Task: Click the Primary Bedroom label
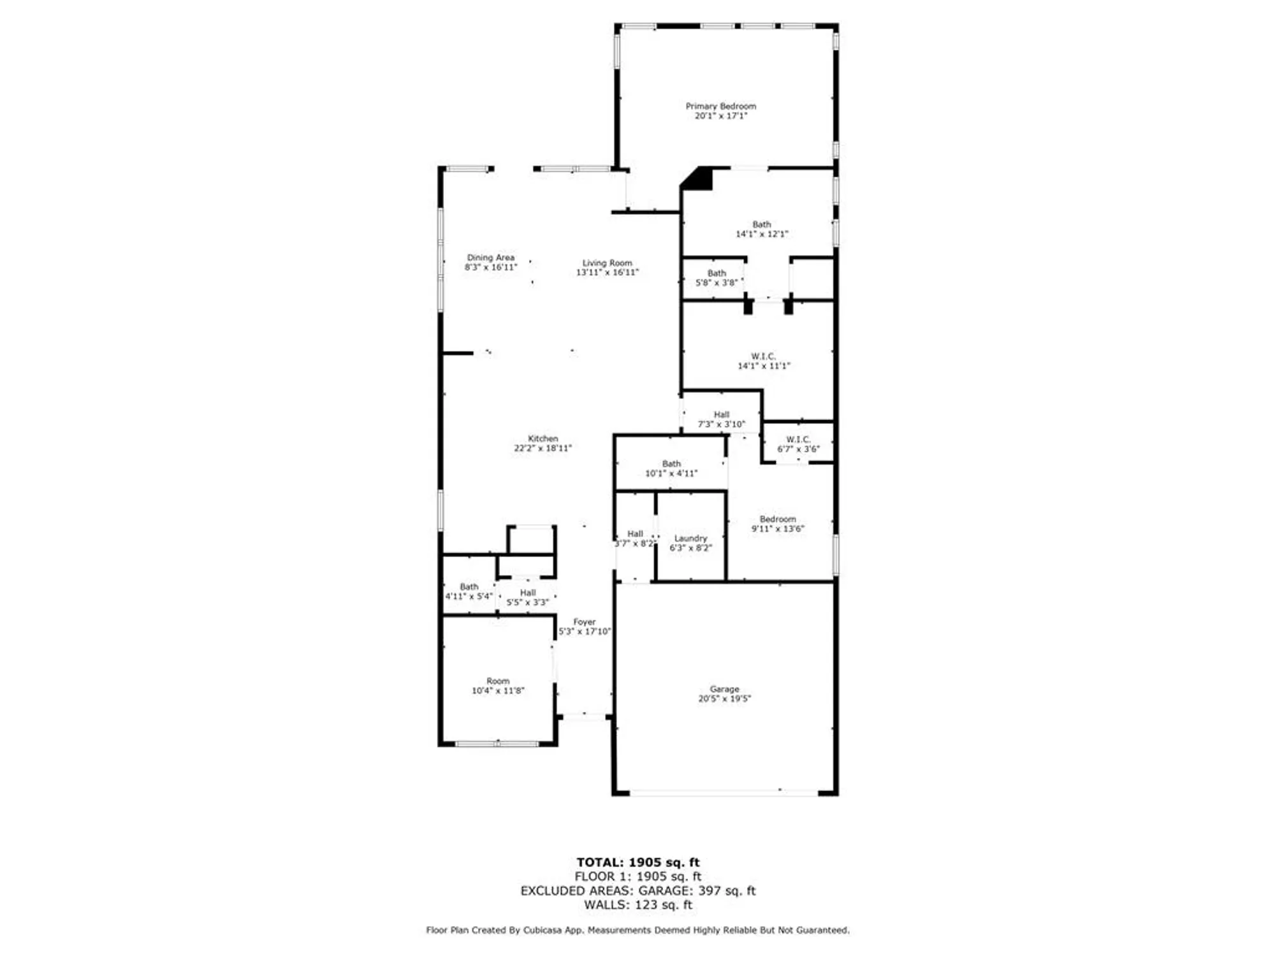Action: [x=720, y=106]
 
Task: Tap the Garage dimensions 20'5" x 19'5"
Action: [x=724, y=699]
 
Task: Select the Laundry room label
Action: [x=690, y=539]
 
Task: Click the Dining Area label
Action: [x=490, y=258]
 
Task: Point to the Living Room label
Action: [x=607, y=263]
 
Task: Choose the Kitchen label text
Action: [x=543, y=438]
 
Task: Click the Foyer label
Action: [x=584, y=622]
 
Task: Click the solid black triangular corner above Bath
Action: [x=701, y=179]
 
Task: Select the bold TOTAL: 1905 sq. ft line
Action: [x=637, y=862]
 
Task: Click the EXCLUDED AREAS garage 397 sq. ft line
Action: [x=637, y=890]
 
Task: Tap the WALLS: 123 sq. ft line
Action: [x=637, y=904]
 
